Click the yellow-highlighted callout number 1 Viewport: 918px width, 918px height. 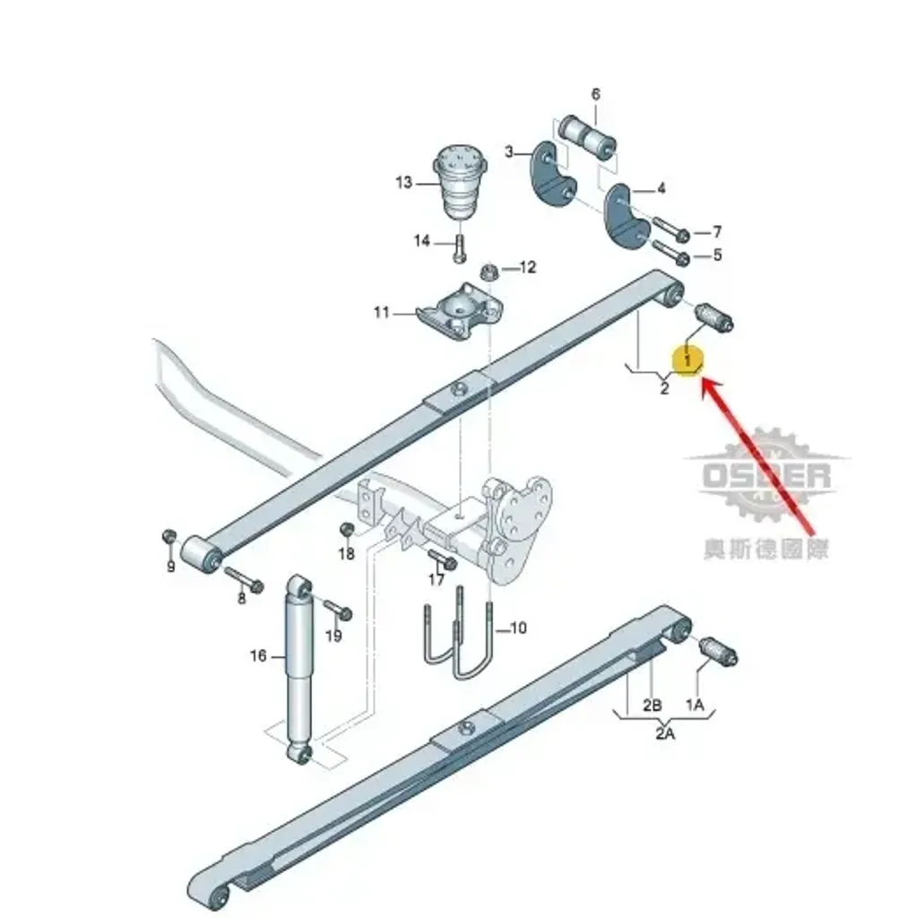(688, 359)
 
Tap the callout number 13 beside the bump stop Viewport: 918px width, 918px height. (404, 183)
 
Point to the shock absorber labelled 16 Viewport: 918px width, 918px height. (299, 670)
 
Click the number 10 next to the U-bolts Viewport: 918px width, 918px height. (519, 628)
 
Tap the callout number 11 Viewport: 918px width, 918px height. (382, 313)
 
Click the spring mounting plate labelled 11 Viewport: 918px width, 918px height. (460, 311)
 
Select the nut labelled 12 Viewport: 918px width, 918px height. (488, 273)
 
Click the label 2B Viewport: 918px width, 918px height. (653, 705)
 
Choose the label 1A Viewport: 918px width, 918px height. (695, 705)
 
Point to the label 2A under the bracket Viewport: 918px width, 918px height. (665, 733)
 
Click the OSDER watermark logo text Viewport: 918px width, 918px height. (766, 475)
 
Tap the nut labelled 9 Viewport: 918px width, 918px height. (169, 535)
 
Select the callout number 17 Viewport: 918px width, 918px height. (437, 580)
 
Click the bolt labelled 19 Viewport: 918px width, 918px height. (337, 609)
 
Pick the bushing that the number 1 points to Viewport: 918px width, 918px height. (714, 318)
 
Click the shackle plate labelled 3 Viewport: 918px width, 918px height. (553, 175)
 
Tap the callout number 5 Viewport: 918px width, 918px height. (717, 255)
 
